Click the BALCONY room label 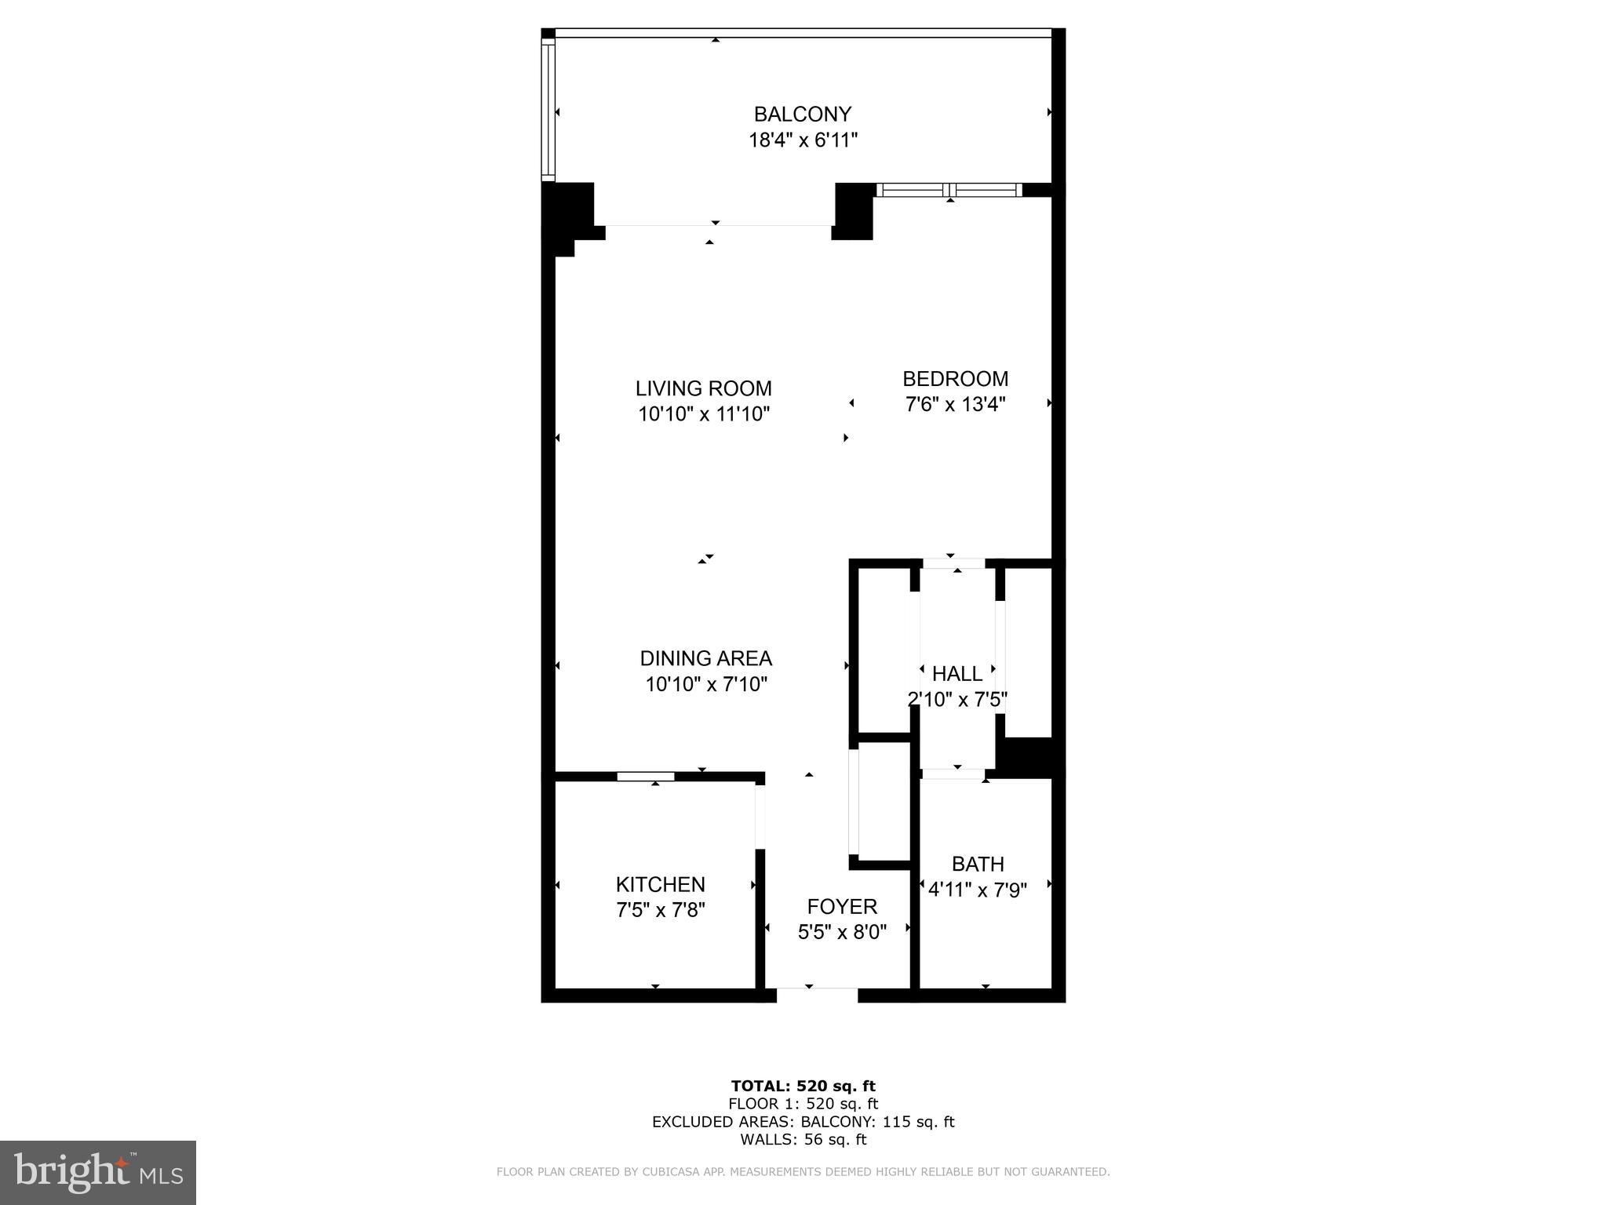802,115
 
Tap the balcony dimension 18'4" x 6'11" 802,140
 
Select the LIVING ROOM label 703,388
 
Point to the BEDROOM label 955,379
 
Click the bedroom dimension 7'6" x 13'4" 955,405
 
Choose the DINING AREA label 705,658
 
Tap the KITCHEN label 660,885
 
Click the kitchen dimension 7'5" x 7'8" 660,911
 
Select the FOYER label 842,907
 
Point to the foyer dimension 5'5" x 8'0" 842,933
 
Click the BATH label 978,864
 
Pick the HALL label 957,674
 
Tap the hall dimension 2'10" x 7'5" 957,700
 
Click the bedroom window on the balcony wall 949,190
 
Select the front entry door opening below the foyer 817,995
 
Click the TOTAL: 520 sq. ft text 803,1086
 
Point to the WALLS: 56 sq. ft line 803,1139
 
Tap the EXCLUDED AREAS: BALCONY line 803,1122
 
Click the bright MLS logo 98,1173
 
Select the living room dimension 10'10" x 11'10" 703,414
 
